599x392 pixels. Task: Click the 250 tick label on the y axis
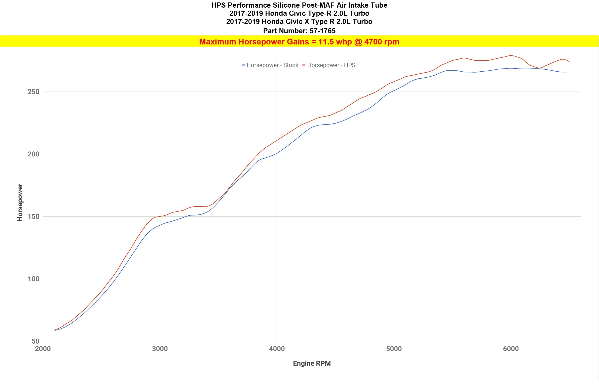pos(34,92)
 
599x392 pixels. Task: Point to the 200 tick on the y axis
pos(34,154)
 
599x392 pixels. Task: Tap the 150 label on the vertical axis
pos(34,216)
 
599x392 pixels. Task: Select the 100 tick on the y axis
pos(34,279)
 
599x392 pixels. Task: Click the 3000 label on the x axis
pos(160,349)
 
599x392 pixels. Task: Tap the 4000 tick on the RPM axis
pos(277,349)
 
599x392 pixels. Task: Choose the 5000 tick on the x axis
pos(394,349)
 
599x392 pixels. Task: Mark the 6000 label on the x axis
pos(511,349)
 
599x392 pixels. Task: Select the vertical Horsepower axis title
pos(20,202)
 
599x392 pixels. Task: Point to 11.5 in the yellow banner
pos(326,42)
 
